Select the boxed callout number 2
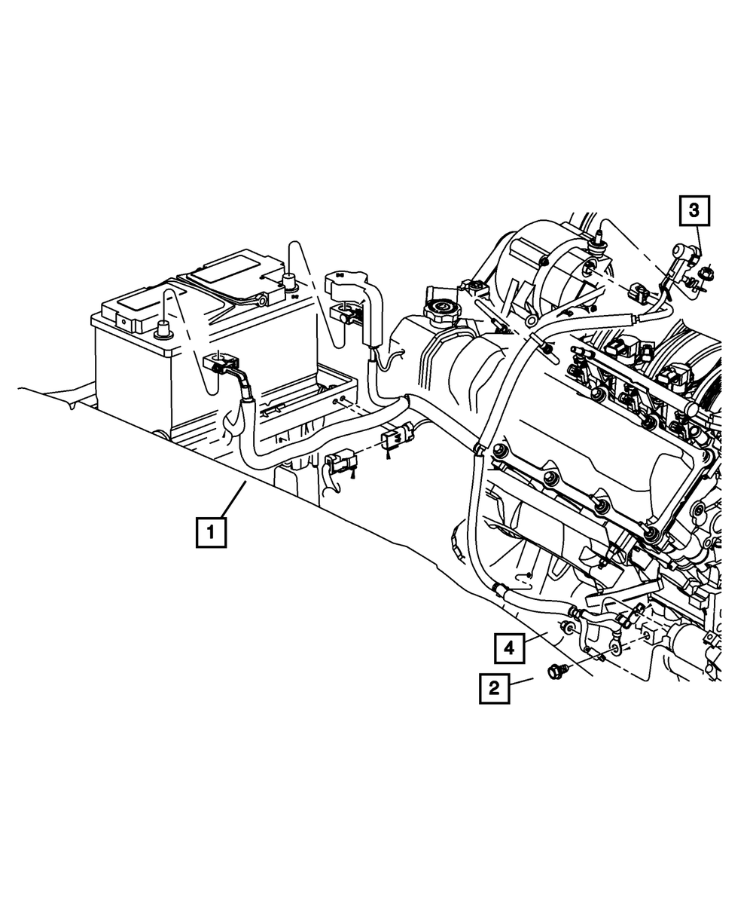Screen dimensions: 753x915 495,687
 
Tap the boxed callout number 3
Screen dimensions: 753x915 695,211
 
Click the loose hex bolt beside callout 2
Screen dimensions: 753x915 556,669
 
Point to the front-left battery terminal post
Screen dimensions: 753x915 163,329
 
